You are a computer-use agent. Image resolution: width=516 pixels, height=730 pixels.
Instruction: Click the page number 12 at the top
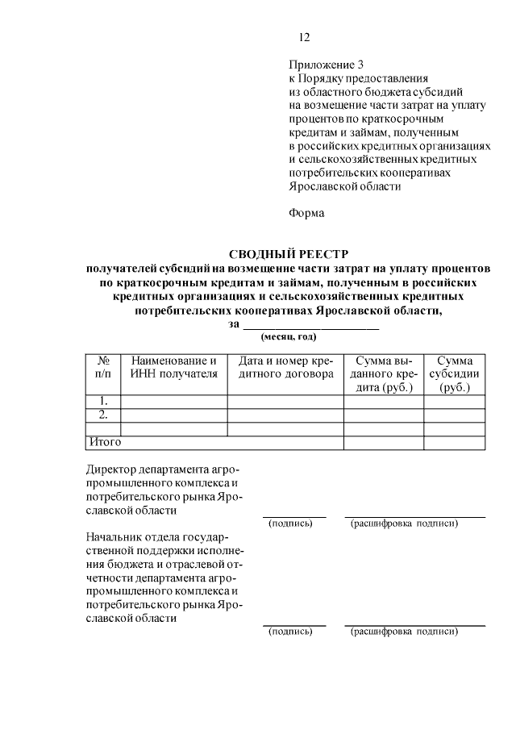pos(303,37)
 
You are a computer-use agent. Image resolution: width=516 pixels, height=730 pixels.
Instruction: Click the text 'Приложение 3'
pos(326,65)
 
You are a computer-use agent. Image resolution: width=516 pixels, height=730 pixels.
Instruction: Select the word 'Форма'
pos(306,214)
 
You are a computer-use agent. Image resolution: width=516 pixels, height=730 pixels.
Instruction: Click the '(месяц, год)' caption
pos(288,336)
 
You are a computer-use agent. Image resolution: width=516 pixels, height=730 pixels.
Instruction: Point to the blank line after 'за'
pos(310,325)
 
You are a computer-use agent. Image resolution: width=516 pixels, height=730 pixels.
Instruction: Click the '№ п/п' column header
pos(103,367)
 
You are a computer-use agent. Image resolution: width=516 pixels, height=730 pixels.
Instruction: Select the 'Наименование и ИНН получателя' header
pos(174,367)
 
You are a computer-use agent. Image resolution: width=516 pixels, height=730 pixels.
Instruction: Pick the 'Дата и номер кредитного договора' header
pos(285,367)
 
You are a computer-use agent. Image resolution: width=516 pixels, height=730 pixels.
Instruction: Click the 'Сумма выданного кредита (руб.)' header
pos(385,374)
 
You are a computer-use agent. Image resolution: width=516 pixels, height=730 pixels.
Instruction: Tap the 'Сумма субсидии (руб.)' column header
pos(455,374)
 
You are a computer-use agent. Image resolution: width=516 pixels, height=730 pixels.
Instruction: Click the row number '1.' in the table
pos(103,401)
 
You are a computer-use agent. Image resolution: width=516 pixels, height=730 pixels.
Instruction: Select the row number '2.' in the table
pos(103,415)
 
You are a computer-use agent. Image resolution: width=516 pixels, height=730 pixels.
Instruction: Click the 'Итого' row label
pos(104,442)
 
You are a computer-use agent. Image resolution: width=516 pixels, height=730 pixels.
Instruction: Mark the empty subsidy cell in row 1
pos(455,401)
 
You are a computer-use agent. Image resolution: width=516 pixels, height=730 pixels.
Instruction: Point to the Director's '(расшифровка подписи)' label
pos(404,524)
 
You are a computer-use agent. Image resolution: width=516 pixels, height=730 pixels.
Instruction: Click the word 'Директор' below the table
pos(111,469)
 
